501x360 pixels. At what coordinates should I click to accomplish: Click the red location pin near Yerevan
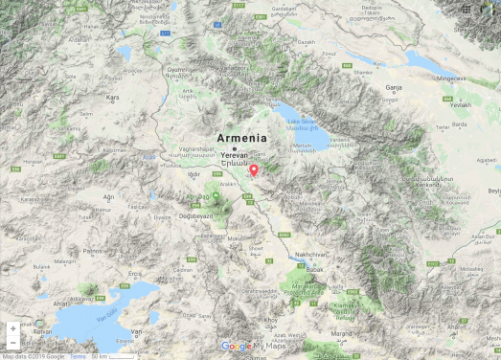pyautogui.click(x=254, y=170)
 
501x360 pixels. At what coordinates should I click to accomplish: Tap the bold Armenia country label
pyautogui.click(x=241, y=137)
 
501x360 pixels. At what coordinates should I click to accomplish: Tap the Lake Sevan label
pyautogui.click(x=301, y=121)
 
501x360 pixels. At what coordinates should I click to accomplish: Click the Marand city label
pyautogui.click(x=340, y=332)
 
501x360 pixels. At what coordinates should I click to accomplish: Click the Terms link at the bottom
pyautogui.click(x=78, y=356)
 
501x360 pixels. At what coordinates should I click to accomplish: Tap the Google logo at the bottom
pyautogui.click(x=236, y=347)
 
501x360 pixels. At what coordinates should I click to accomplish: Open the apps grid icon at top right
pyautogui.click(x=466, y=9)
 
